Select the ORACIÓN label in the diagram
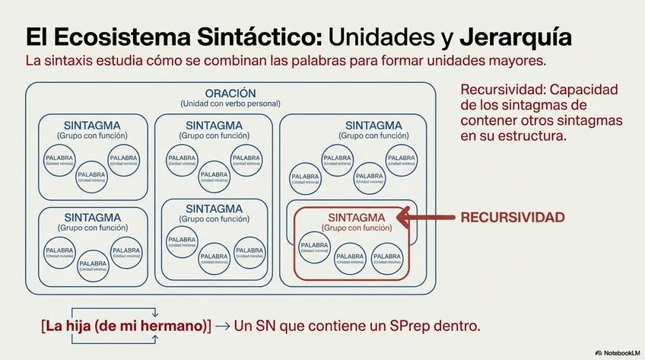pyautogui.click(x=230, y=93)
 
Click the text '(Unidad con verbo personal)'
pyautogui.click(x=230, y=104)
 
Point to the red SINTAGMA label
pyautogui.click(x=356, y=218)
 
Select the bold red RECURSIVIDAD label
pyautogui.click(x=513, y=218)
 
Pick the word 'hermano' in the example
pyautogui.click(x=176, y=326)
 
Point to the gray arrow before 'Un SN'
pyautogui.click(x=222, y=326)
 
